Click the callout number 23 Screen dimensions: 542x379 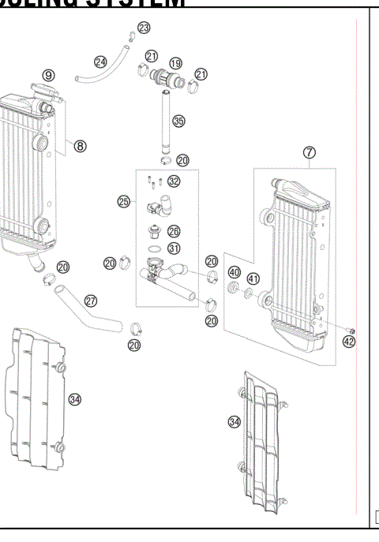143,28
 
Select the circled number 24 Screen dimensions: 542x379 100,61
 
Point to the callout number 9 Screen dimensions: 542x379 48,75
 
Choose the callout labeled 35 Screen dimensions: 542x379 178,121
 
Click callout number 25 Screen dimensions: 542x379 123,202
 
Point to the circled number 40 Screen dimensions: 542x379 234,272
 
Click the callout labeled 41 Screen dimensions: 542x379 253,278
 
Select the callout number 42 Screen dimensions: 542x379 349,342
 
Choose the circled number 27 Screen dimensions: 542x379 113,300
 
